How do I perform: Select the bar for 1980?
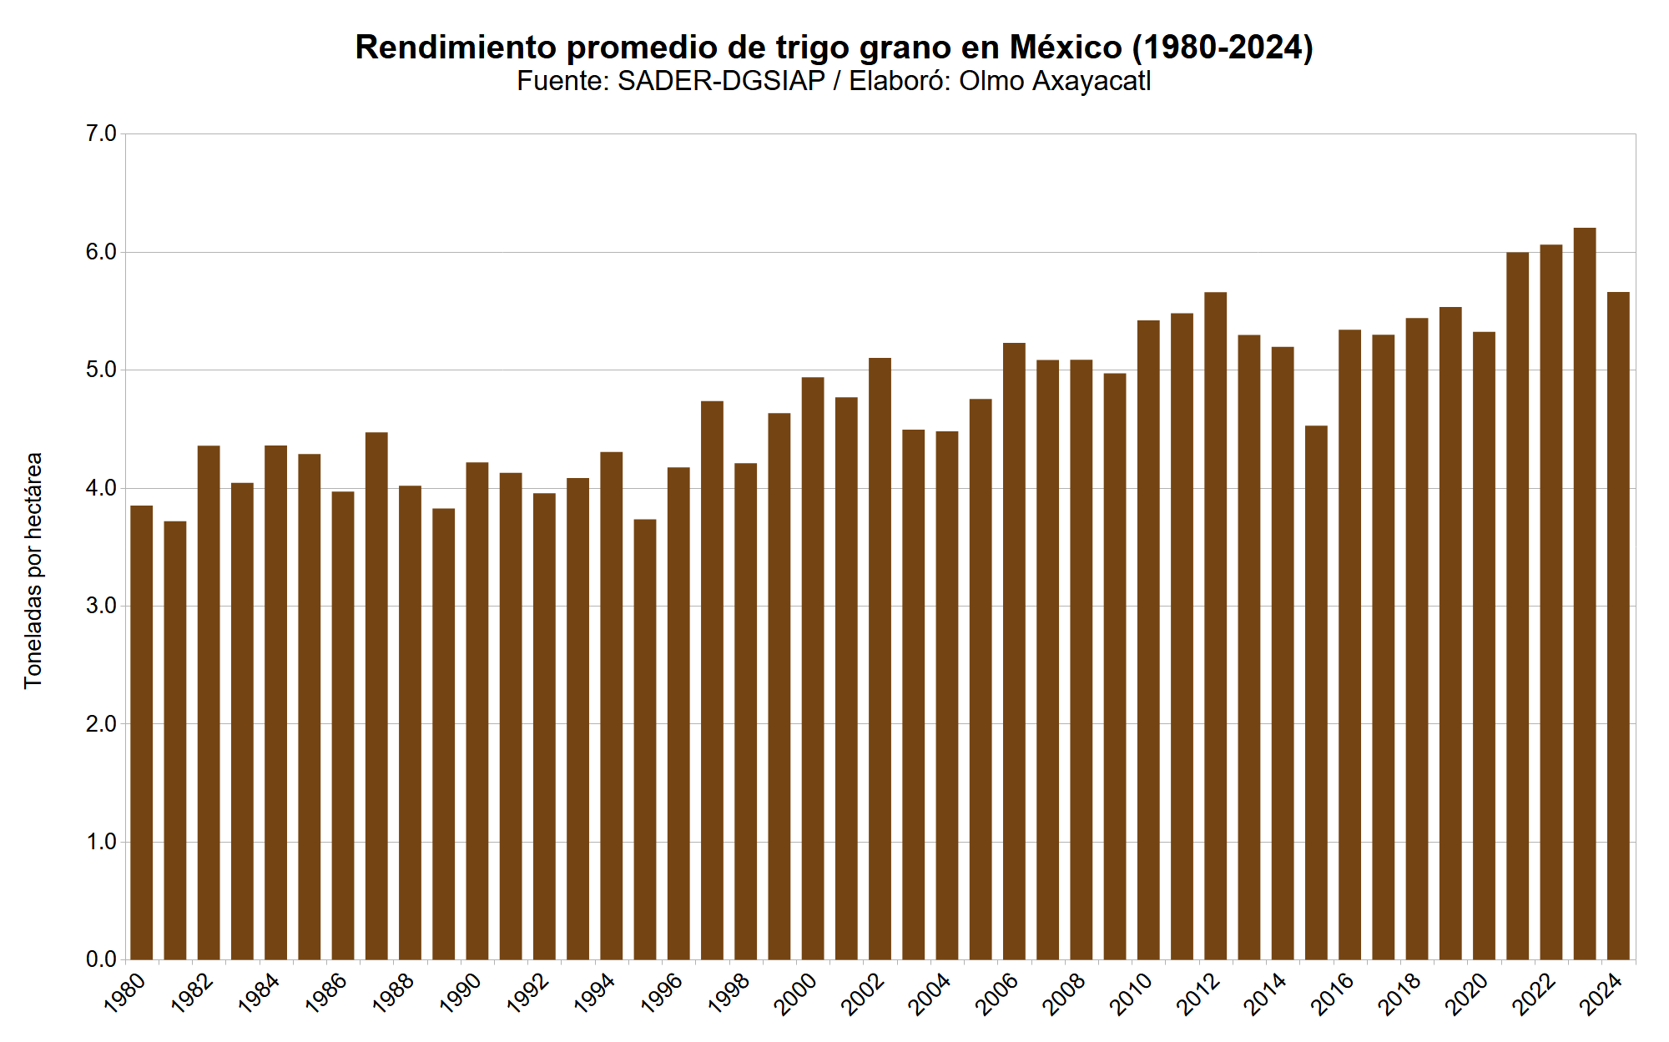(x=141, y=732)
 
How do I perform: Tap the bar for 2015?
(x=1316, y=692)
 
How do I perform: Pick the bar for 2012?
(x=1215, y=626)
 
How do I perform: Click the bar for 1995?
(x=644, y=739)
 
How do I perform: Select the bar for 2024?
(x=1617, y=626)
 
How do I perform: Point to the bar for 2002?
(x=880, y=659)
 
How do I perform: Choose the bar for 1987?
(x=376, y=696)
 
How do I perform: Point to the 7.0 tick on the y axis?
(x=101, y=133)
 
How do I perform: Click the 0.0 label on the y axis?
(x=101, y=959)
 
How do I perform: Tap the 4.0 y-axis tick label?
(x=101, y=488)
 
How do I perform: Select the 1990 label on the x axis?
(x=460, y=994)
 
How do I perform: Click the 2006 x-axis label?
(x=996, y=994)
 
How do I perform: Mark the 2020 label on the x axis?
(x=1466, y=994)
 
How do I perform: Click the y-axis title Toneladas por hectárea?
(x=33, y=571)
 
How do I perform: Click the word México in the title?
(x=1065, y=48)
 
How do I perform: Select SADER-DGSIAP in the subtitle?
(x=721, y=81)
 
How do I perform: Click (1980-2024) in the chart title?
(x=1222, y=48)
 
